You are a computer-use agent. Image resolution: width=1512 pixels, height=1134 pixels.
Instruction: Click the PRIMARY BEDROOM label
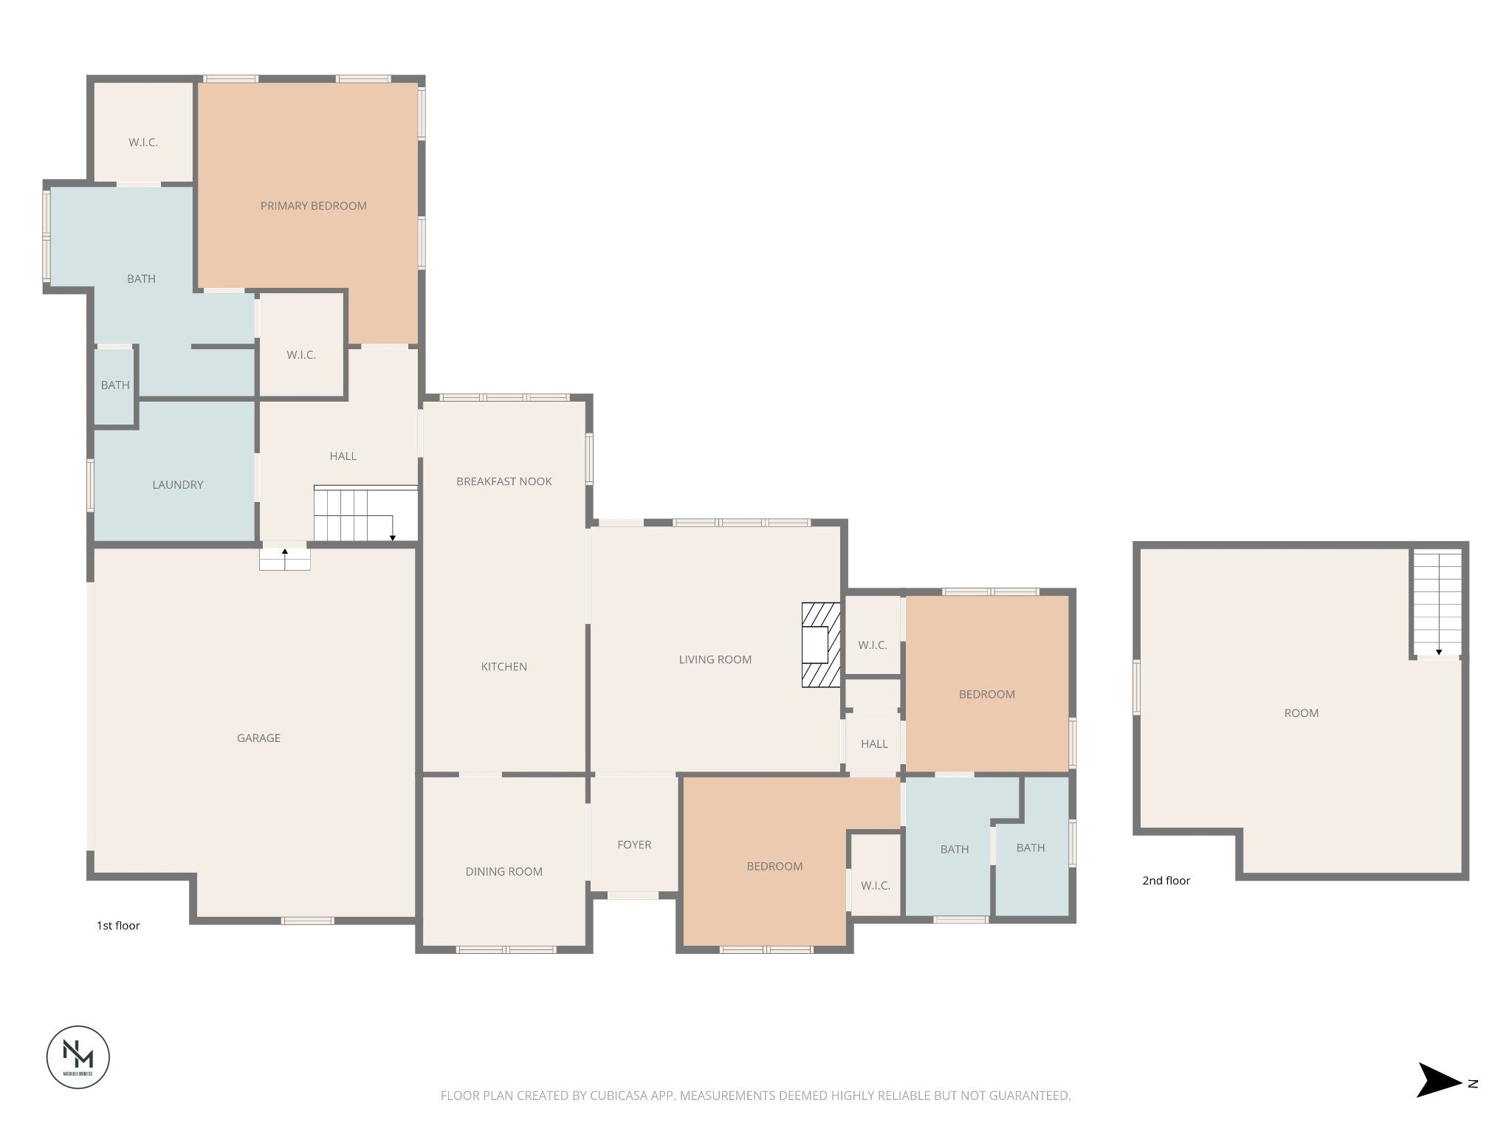tap(313, 206)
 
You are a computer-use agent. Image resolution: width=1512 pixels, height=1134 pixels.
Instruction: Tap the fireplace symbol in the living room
tap(820, 645)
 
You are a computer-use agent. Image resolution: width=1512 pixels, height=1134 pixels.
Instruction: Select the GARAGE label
tap(258, 738)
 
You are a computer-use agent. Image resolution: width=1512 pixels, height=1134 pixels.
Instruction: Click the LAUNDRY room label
tap(177, 484)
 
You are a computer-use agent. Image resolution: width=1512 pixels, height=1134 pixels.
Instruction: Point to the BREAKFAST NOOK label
tap(504, 481)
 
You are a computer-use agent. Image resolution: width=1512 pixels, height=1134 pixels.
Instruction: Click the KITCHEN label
tap(504, 667)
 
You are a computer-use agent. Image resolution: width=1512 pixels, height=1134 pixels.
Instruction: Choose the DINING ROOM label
tap(504, 871)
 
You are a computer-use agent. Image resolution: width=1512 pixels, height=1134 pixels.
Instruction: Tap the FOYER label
tap(634, 845)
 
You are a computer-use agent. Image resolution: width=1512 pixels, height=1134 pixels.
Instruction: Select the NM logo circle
tap(78, 1056)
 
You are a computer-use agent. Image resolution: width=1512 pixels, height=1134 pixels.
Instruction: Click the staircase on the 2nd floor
tap(1437, 602)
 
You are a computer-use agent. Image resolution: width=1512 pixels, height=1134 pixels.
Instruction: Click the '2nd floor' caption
tap(1166, 880)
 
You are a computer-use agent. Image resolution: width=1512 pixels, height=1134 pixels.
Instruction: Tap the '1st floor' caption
tap(118, 925)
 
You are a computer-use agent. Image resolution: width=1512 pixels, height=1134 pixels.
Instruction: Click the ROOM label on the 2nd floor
tap(1301, 713)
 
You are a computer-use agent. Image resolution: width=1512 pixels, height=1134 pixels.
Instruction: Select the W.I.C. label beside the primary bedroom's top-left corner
tap(143, 142)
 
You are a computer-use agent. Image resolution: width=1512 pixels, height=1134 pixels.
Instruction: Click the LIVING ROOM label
tap(715, 659)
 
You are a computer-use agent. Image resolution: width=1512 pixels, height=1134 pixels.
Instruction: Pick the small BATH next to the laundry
tap(115, 385)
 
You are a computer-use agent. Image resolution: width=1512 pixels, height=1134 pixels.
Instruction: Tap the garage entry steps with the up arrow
tap(284, 558)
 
